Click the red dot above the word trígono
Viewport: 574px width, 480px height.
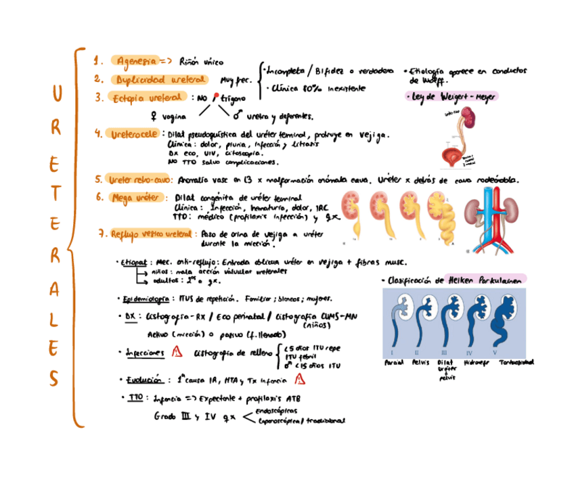(x=216, y=95)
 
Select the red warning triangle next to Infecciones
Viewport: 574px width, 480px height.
(x=177, y=351)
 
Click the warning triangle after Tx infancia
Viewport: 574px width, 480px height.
(x=298, y=380)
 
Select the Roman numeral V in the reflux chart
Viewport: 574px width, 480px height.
(x=495, y=353)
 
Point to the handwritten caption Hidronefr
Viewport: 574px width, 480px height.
(x=477, y=362)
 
